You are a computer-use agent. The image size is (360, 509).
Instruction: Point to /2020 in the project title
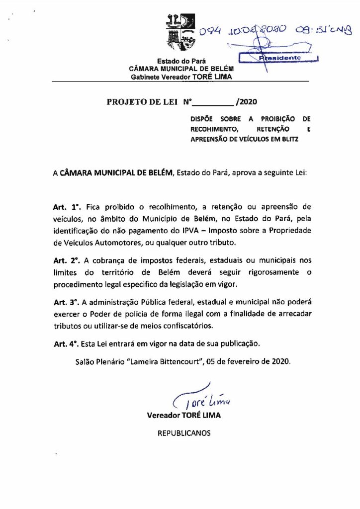pyautogui.click(x=247, y=102)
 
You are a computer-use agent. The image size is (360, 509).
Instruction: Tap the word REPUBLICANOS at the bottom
pyautogui.click(x=184, y=433)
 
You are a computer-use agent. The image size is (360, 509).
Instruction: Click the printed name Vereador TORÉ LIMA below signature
pyautogui.click(x=184, y=415)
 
